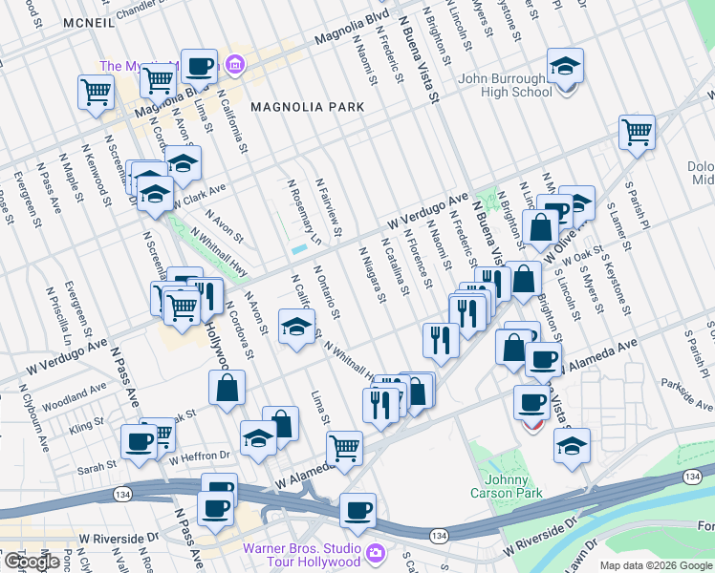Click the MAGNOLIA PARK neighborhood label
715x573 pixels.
point(307,108)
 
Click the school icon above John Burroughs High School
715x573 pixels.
point(565,67)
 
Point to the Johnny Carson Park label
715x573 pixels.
point(505,486)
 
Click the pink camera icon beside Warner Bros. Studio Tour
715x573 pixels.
point(375,552)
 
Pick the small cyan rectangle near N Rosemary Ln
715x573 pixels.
point(300,248)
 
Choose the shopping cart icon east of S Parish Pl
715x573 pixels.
point(636,132)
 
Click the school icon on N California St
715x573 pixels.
point(296,327)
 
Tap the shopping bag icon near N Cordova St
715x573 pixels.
point(227,388)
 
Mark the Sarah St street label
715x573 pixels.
point(97,465)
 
